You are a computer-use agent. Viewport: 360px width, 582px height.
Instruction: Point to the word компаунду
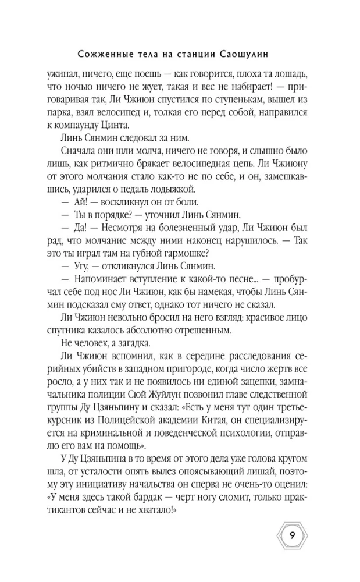coord(94,125)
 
